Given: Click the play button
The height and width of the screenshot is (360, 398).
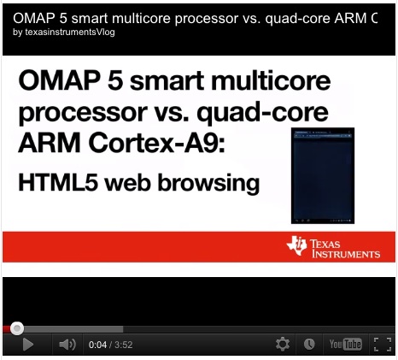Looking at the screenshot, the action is [27, 345].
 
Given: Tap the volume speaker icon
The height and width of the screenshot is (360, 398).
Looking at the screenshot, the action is [67, 345].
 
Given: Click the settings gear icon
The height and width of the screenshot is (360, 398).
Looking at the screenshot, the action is [283, 345].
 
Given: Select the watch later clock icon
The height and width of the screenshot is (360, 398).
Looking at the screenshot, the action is [309, 345].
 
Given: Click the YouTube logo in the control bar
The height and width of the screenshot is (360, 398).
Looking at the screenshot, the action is [346, 345].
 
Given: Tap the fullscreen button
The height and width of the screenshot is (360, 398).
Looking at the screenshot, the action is [383, 345].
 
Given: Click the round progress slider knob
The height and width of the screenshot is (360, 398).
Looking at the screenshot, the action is [17, 328].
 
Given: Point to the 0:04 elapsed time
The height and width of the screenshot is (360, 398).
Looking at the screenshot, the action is [97, 345].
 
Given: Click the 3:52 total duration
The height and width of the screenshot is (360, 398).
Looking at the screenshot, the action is [124, 345].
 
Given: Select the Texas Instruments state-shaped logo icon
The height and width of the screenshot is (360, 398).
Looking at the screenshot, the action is [297, 245].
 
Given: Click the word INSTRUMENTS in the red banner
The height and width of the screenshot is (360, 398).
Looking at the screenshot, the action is [346, 254].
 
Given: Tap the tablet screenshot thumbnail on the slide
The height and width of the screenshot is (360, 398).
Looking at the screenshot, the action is [323, 175].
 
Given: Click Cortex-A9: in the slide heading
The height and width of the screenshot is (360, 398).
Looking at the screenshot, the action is [157, 143].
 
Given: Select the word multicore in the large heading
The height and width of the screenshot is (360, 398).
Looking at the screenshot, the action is [271, 80].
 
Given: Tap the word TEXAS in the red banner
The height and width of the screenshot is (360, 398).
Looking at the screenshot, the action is [325, 244].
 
